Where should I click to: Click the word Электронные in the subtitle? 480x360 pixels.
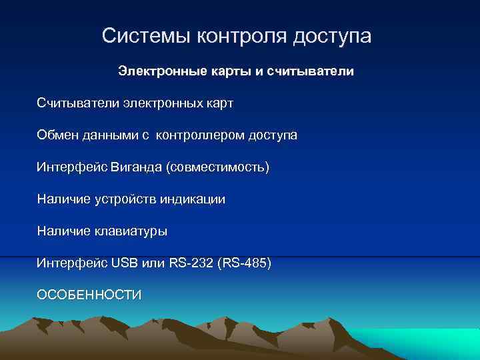click(x=162, y=71)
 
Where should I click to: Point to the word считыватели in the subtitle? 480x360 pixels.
click(x=311, y=71)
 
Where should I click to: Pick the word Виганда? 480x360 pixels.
click(x=130, y=167)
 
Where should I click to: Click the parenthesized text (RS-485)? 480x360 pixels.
click(x=246, y=263)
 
